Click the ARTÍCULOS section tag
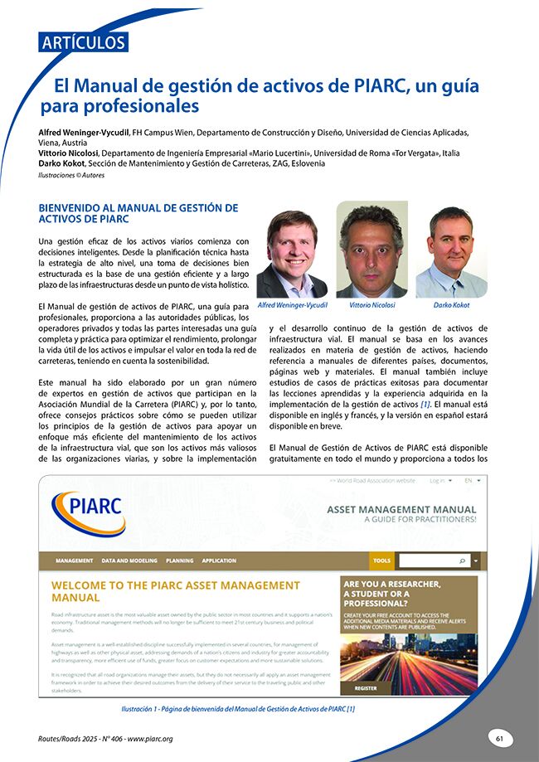pyautogui.click(x=82, y=42)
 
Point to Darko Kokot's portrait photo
pyautogui.click(x=450, y=252)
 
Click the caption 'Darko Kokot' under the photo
pyautogui.click(x=451, y=305)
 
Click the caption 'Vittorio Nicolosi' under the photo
pyautogui.click(x=371, y=305)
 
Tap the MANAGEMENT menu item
pyautogui.click(x=74, y=561)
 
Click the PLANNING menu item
pyautogui.click(x=179, y=561)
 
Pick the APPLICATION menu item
pyautogui.click(x=219, y=561)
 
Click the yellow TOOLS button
pyautogui.click(x=381, y=561)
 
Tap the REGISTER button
pyautogui.click(x=366, y=688)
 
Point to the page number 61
pyautogui.click(x=499, y=737)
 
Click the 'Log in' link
pyautogui.click(x=439, y=480)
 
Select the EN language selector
pyautogui.click(x=471, y=480)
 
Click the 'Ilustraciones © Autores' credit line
pyautogui.click(x=72, y=176)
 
